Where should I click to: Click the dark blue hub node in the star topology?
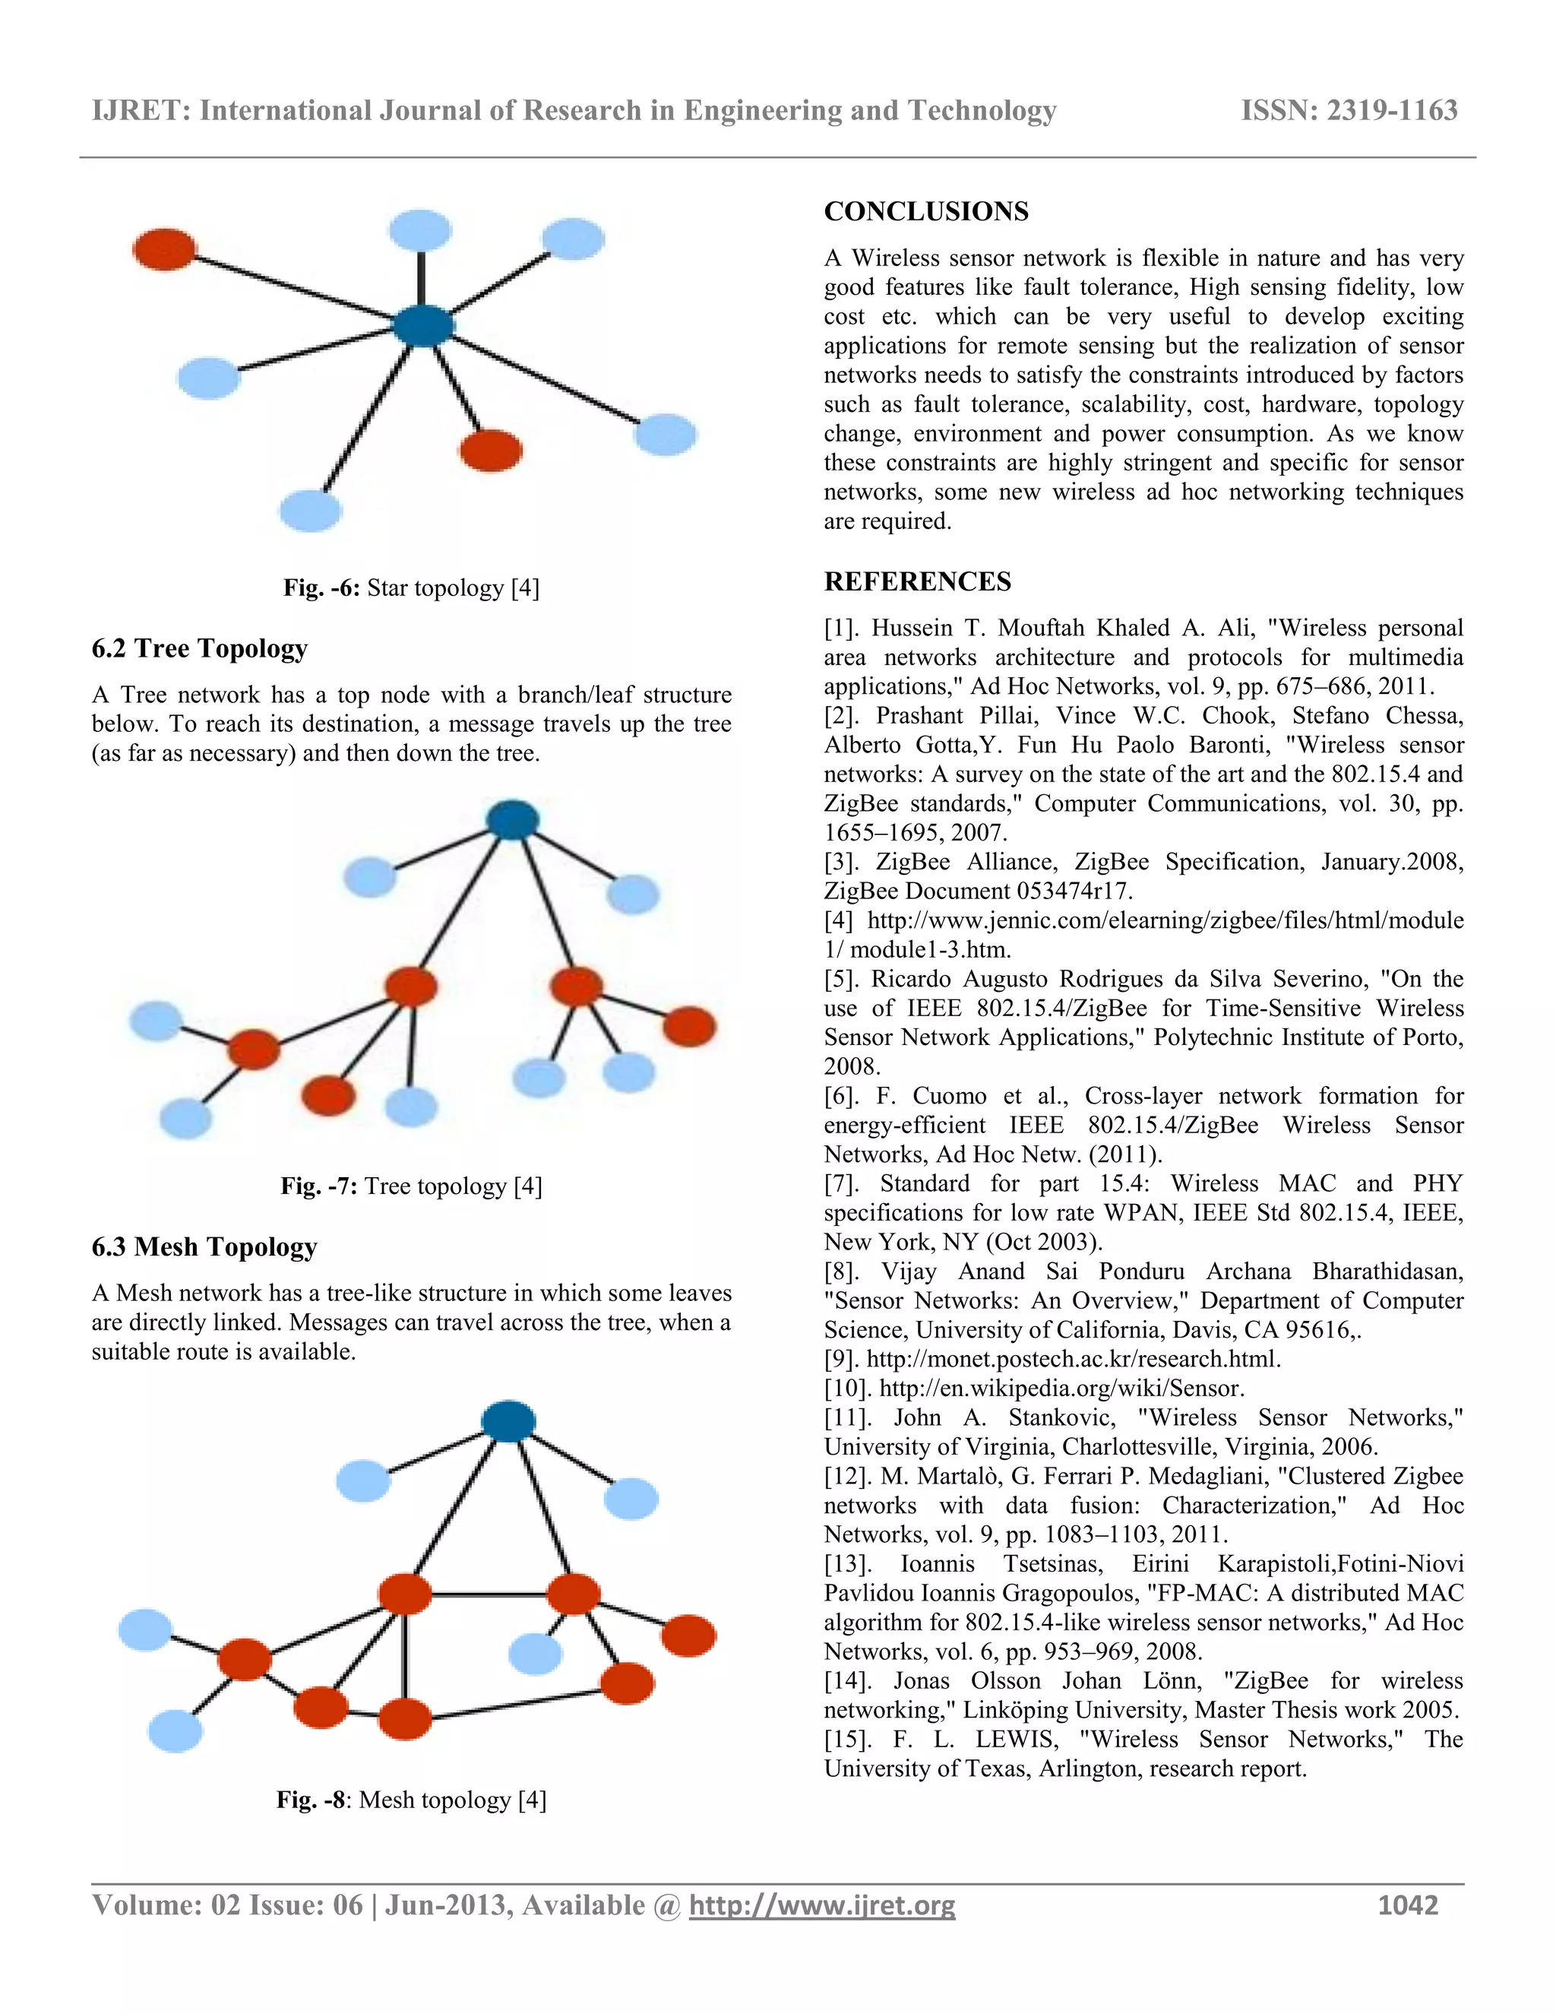pos(423,325)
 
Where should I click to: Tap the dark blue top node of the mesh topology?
pos(509,1421)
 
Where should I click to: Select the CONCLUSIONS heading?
pos(925,212)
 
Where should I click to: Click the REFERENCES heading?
pos(917,582)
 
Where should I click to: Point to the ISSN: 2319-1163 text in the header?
pos(1349,111)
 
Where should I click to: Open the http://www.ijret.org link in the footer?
pos(822,1906)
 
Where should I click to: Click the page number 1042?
pos(1408,1906)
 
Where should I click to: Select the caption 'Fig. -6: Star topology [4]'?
pos(411,588)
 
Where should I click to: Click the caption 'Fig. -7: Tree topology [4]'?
pos(411,1186)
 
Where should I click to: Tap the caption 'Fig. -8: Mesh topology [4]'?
pos(411,1800)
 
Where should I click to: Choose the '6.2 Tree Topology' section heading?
pos(199,648)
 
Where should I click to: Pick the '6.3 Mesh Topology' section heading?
pos(204,1246)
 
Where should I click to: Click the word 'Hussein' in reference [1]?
pos(912,628)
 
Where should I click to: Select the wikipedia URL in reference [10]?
pos(1062,1389)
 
